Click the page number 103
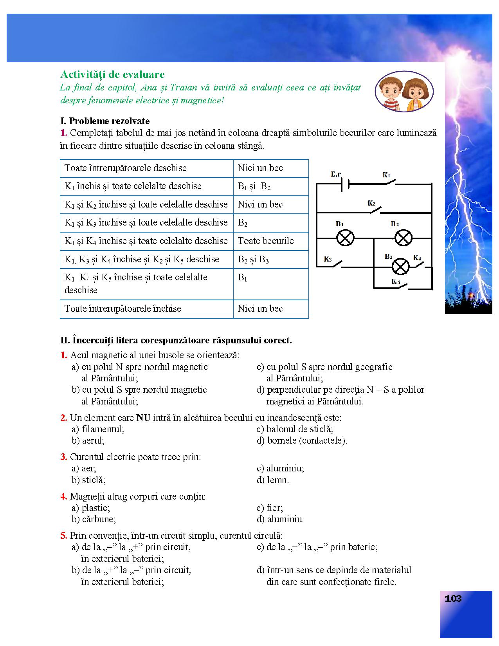[453, 599]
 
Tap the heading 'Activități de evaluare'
[112, 74]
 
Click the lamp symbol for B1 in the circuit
[345, 238]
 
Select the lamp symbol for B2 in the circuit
[403, 238]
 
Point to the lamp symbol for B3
[400, 267]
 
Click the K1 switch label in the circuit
[386, 175]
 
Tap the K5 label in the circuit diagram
[396, 281]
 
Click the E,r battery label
[336, 174]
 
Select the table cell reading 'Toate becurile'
[271, 241]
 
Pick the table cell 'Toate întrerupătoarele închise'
[147, 309]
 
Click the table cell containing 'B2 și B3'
[271, 259]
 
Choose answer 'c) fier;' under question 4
[270, 508]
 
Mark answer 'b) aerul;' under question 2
[88, 440]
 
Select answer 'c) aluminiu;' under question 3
[280, 468]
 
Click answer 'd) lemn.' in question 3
[273, 480]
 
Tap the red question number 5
[64, 536]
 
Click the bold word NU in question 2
[143, 418]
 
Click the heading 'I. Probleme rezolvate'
[105, 121]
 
